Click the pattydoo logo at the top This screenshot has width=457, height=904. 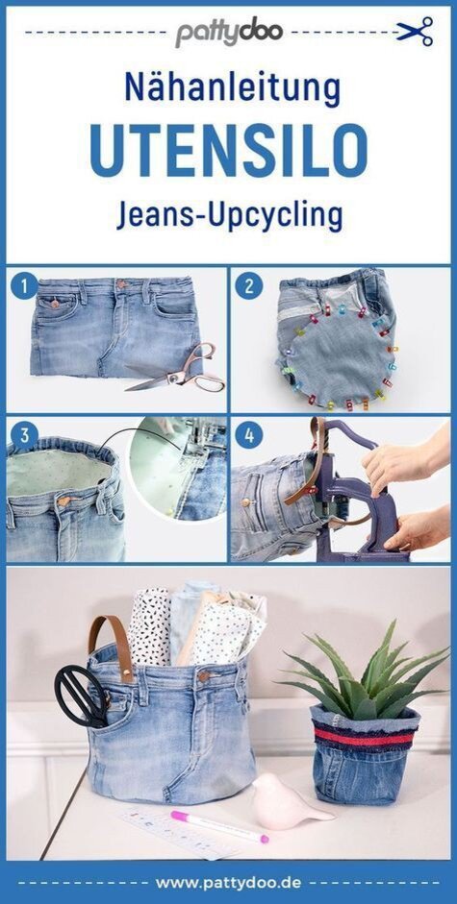click(229, 33)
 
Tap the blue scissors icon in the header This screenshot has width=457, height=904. click(415, 31)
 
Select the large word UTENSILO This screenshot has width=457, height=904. click(229, 150)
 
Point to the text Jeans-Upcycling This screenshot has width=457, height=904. click(229, 215)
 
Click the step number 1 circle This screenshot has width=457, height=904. click(24, 286)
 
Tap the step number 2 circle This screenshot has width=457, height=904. click(249, 286)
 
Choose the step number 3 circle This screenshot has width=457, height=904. click(24, 436)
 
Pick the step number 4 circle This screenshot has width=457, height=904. click(249, 436)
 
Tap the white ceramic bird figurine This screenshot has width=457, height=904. click(288, 801)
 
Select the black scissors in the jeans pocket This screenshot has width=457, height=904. click(81, 695)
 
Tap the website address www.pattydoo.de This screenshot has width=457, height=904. click(228, 883)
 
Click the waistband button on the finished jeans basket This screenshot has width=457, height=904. click(203, 676)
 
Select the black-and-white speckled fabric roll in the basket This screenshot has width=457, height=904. click(150, 625)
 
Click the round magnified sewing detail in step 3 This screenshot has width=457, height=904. click(177, 468)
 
